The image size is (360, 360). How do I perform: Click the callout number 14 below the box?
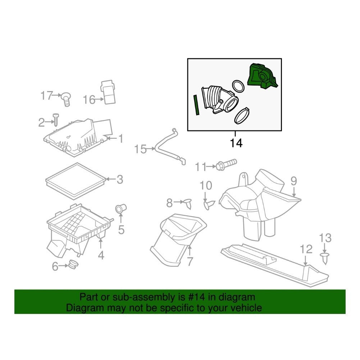click(x=236, y=143)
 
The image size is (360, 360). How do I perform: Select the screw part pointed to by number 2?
click(x=56, y=120)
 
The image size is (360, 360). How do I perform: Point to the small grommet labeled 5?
click(x=120, y=208)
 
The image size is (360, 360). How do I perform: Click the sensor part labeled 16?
click(x=108, y=92)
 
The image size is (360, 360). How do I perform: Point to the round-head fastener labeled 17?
click(x=66, y=99)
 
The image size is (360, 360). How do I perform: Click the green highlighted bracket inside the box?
click(x=263, y=77)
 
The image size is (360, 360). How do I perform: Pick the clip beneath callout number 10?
click(x=209, y=204)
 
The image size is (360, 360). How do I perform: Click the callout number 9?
click(x=294, y=181)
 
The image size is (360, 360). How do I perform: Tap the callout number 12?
click(x=306, y=249)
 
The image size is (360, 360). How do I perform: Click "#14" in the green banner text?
click(x=196, y=297)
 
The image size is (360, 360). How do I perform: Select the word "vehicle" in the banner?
click(x=246, y=308)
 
